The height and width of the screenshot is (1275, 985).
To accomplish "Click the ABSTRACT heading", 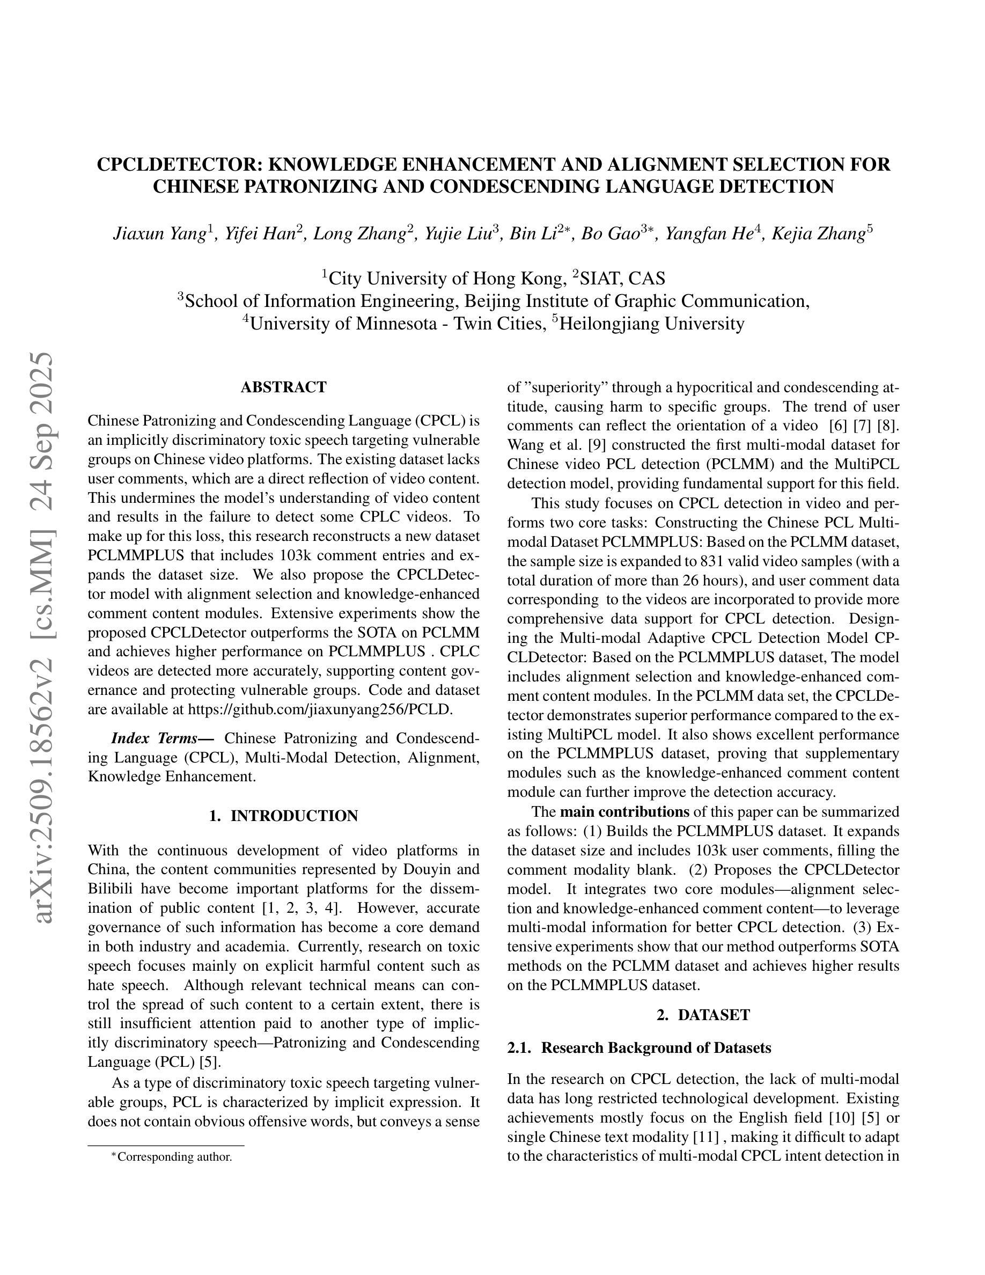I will coord(283,387).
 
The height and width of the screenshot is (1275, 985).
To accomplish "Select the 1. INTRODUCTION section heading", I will coord(283,816).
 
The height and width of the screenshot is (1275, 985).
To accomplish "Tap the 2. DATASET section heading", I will coord(703,1015).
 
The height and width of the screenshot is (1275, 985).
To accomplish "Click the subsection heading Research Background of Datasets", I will coord(656,1048).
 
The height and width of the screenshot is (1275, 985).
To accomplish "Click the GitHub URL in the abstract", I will coord(319,709).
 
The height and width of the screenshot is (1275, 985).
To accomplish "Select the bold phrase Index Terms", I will coord(154,738).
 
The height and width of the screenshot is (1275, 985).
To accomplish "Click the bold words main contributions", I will coord(624,812).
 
